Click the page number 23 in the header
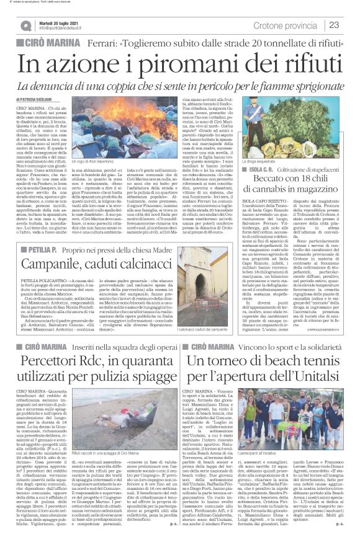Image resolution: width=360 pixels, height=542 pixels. coord(334,24)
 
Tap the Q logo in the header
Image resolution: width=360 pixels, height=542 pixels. coord(25,25)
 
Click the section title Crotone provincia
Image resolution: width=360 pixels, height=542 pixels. coord(288,24)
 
